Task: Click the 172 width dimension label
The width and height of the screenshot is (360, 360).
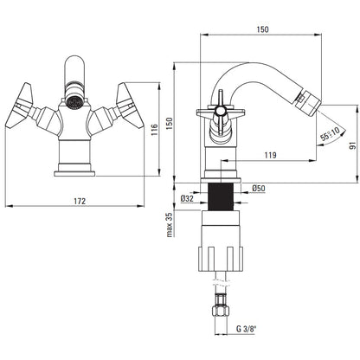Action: [x=80, y=201]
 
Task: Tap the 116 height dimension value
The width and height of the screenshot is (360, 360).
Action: [x=154, y=130]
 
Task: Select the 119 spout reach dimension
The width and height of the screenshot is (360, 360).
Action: [x=270, y=155]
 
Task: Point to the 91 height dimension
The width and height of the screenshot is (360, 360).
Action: [x=352, y=145]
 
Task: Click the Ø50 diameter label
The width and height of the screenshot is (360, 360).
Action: [x=259, y=188]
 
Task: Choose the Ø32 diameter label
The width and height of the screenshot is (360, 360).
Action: [x=187, y=198]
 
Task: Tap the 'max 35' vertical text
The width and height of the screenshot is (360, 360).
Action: [x=170, y=225]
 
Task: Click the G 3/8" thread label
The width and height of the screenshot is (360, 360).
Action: [x=247, y=329]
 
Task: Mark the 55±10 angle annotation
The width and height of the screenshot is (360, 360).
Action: [x=331, y=133]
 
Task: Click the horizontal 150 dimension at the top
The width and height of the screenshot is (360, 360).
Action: [x=262, y=29]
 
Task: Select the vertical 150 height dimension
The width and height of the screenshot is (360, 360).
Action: [x=170, y=123]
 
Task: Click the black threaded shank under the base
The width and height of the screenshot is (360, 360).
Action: [x=221, y=196]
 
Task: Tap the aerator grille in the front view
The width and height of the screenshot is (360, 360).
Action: [x=74, y=102]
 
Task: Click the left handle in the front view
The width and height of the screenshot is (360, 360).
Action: [x=20, y=106]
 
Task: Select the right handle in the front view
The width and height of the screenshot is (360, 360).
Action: [x=130, y=106]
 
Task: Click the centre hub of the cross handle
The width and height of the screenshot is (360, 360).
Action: [x=221, y=110]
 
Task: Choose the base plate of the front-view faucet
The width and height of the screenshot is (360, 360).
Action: [x=74, y=174]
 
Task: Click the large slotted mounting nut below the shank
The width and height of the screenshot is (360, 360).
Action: [x=221, y=259]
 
